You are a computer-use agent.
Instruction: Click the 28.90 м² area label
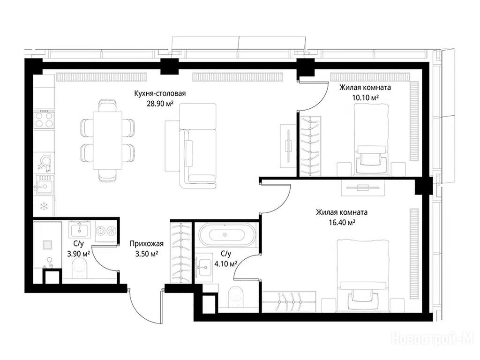(160, 104)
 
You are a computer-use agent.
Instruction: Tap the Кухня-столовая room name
(160, 93)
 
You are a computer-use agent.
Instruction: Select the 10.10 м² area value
(365, 97)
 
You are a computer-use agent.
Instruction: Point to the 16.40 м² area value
(342, 223)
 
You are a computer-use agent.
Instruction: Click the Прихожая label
(147, 244)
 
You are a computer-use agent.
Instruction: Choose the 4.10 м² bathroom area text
(226, 263)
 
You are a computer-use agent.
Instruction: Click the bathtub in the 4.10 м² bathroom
(227, 235)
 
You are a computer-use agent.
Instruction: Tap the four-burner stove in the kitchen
(44, 120)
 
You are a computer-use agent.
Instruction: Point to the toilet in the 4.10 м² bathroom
(236, 296)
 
